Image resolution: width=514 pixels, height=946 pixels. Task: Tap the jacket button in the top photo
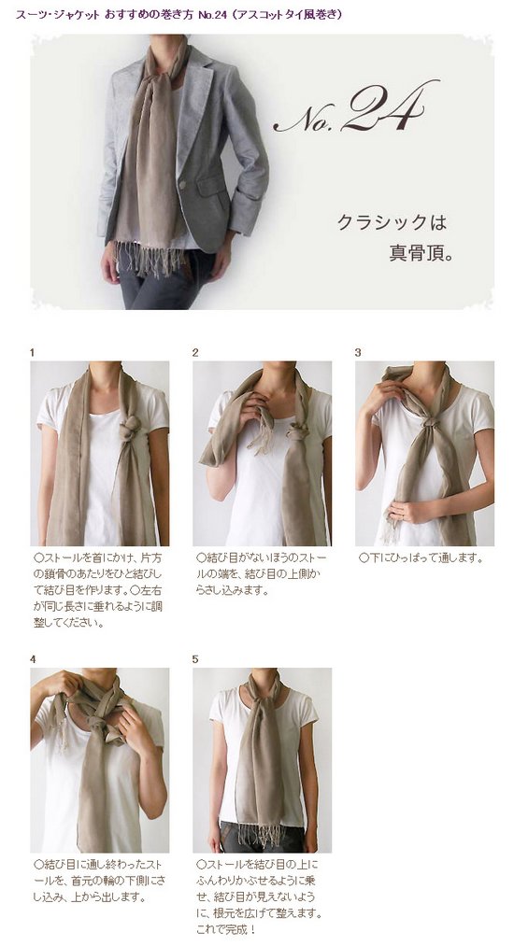coord(182,184)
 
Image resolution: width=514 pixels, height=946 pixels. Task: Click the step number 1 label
coord(33,352)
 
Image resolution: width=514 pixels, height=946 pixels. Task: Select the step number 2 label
coord(195,352)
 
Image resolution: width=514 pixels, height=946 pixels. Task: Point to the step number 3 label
coord(358,352)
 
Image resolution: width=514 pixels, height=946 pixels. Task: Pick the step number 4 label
coord(33,659)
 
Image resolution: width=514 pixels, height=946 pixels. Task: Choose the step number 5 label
coord(195,659)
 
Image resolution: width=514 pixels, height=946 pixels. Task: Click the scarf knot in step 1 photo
coord(131,429)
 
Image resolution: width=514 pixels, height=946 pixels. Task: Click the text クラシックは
coord(392,222)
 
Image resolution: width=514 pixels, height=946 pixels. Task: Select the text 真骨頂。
coord(421,251)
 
